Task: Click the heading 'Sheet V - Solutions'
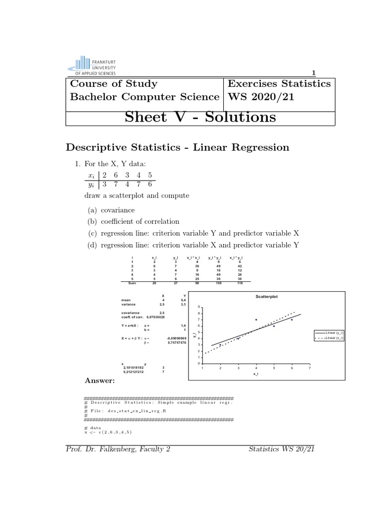[200, 117]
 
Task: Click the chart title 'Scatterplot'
[266, 296]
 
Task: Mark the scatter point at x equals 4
[256, 320]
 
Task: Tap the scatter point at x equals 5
[274, 326]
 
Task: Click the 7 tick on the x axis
[310, 368]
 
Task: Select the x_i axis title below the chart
[255, 374]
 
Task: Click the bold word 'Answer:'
[100, 381]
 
